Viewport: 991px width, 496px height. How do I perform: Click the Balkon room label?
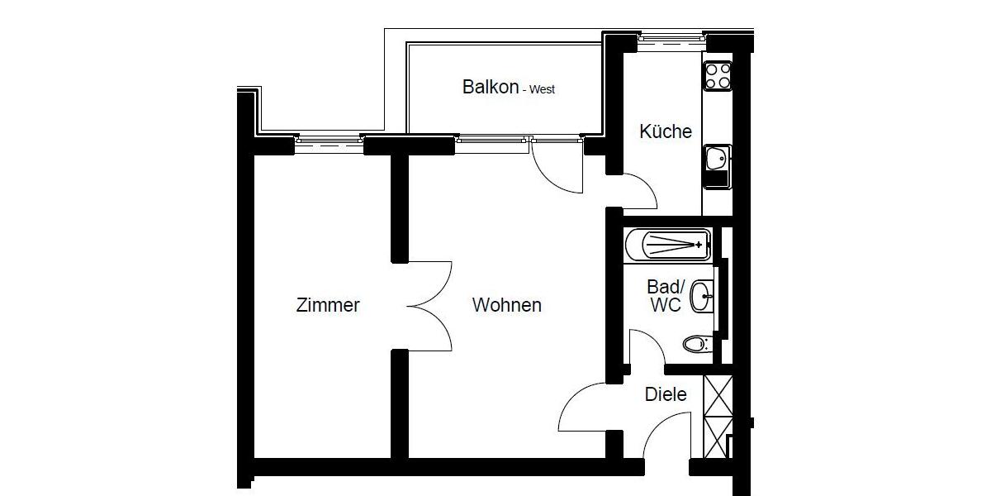(x=491, y=87)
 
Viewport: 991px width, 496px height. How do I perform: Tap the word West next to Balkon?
(x=542, y=89)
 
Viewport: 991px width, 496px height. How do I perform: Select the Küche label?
(x=665, y=131)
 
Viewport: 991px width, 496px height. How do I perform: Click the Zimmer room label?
(x=328, y=305)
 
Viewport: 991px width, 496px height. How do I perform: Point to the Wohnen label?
(x=506, y=305)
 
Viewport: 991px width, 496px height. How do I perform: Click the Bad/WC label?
(x=666, y=296)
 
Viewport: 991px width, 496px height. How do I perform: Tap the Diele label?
(x=666, y=394)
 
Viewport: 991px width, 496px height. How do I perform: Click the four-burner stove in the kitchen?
(x=717, y=76)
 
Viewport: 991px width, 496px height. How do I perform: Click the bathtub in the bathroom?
(x=667, y=245)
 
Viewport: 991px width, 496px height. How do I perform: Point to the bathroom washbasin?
(x=702, y=295)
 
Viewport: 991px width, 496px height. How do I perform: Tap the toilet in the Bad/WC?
(x=697, y=343)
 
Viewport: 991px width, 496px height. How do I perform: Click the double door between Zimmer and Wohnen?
(x=429, y=305)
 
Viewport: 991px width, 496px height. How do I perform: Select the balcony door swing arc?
(x=557, y=169)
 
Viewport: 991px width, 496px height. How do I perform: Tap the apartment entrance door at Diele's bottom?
(x=667, y=438)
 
